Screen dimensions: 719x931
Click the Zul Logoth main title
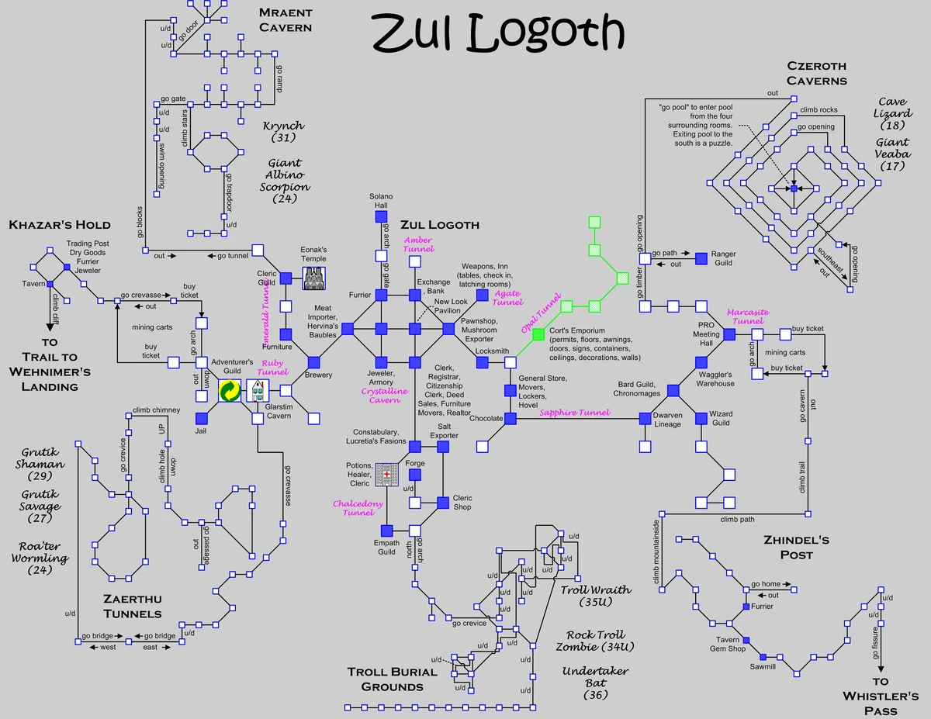click(497, 33)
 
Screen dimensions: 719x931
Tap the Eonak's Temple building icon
click(313, 278)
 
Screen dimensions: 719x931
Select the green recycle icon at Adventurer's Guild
click(230, 391)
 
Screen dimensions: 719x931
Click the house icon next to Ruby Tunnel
click(258, 391)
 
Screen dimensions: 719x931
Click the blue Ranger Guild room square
click(701, 258)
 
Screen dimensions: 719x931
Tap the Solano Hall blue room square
click(381, 218)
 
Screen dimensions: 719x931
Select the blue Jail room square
click(202, 419)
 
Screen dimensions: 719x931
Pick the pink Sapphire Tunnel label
click(575, 413)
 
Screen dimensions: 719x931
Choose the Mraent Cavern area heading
click(286, 20)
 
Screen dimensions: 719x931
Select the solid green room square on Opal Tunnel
click(538, 334)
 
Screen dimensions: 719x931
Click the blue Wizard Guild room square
click(701, 418)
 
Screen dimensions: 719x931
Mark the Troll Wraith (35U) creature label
click(595, 596)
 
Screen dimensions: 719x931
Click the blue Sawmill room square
click(763, 656)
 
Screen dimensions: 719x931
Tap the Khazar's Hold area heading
click(60, 225)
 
